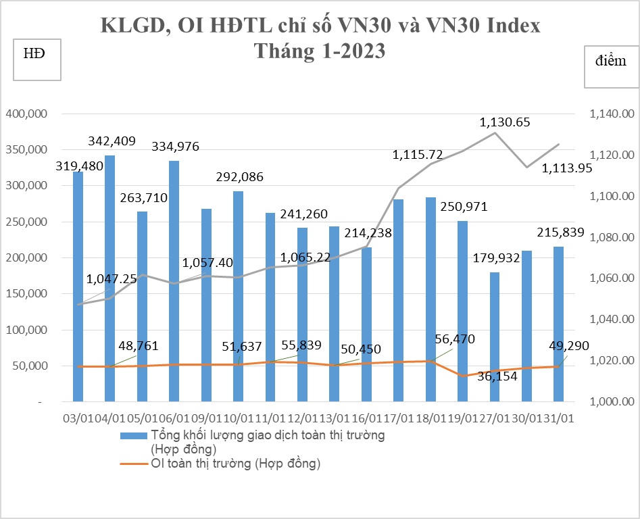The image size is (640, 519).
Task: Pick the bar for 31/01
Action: tap(559, 324)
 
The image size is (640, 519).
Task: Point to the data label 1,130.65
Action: tap(505, 122)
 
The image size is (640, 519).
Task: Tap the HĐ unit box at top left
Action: tap(37, 60)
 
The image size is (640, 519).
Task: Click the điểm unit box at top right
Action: tap(610, 67)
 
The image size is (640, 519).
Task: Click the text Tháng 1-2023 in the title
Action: tap(320, 51)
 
